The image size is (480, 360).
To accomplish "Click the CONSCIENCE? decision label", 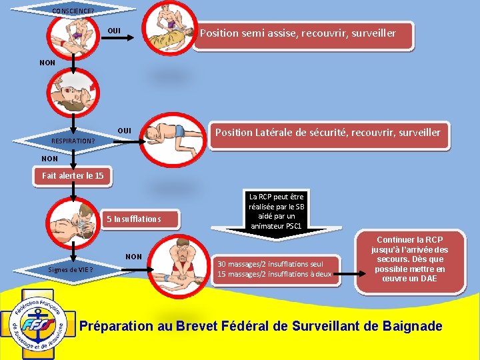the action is (73, 10).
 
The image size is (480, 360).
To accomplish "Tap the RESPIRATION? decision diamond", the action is (73, 141).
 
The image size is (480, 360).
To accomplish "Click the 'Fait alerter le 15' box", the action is (73, 176).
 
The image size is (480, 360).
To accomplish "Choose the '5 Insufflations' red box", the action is (134, 219).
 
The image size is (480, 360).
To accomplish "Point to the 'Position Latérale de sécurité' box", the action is (327, 133).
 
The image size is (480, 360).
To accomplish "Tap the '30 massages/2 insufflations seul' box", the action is (274, 269).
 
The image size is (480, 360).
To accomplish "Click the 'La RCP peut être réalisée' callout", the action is (276, 211).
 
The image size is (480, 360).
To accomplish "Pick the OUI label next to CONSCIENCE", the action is (114, 31).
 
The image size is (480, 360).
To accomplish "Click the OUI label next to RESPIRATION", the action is (124, 129).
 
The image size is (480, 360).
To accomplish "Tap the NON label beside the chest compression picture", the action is (133, 257).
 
